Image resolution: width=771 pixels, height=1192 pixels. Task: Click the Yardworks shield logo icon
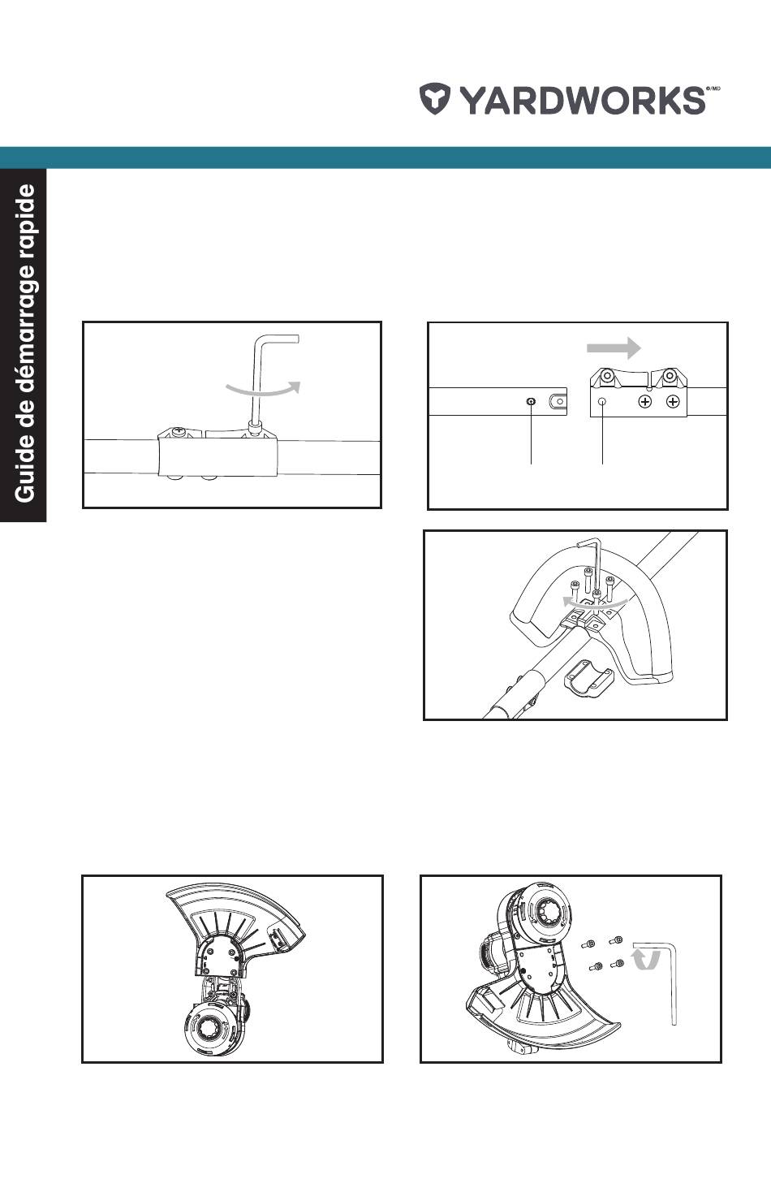point(435,99)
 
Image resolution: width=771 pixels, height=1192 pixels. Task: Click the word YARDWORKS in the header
point(583,100)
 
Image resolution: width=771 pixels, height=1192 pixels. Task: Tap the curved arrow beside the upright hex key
point(264,389)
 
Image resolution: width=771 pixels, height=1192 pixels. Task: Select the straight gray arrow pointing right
point(614,348)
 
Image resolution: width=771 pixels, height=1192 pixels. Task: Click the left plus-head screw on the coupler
point(645,401)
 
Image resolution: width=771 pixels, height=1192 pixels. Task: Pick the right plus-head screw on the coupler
point(673,401)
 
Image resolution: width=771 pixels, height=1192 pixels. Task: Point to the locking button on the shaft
point(531,402)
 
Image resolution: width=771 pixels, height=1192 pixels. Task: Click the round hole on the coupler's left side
point(602,401)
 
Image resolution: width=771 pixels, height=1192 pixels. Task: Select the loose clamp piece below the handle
point(588,678)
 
